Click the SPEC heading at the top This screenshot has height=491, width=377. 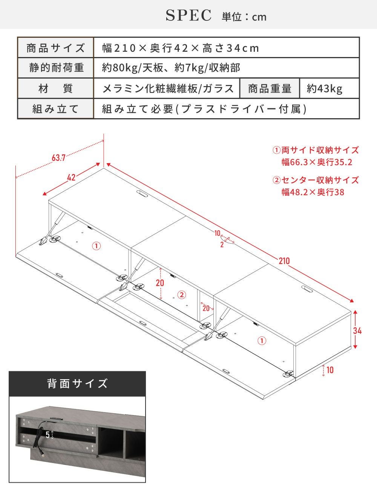point(189,15)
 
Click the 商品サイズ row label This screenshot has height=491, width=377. point(55,48)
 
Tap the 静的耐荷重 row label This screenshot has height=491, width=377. point(57,68)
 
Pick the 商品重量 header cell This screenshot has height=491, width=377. point(270,88)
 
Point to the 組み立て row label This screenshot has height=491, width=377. point(55,109)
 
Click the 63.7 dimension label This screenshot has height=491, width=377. point(59,157)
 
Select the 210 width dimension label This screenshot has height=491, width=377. point(284,261)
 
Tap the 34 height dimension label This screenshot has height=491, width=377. point(357,331)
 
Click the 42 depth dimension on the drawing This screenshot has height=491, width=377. point(71,178)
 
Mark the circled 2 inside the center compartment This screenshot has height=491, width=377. point(182,295)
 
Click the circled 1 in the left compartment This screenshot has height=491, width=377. point(97,246)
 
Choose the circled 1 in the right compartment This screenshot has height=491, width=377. point(262,341)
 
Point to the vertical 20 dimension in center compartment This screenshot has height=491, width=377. point(160,283)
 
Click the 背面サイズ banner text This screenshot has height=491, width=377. point(77,384)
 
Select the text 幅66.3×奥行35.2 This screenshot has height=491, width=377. point(317,162)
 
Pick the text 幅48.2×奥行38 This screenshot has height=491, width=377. point(313,192)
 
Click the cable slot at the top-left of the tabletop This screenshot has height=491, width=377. point(142,194)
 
